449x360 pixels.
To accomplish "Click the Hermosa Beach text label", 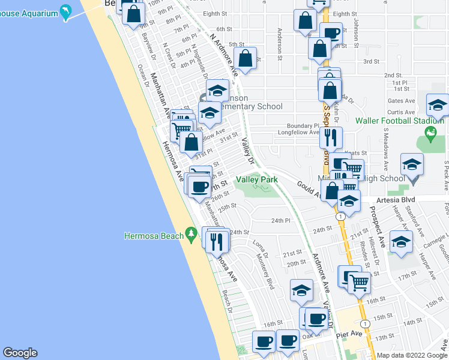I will pyautogui.click(x=154, y=236).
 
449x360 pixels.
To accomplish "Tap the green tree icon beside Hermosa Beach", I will pyautogui.click(x=191, y=233).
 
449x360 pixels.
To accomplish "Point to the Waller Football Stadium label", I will pyautogui.click(x=407, y=121).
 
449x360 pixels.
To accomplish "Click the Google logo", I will pyautogui.click(x=20, y=353).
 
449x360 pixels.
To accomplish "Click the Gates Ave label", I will pyautogui.click(x=401, y=101).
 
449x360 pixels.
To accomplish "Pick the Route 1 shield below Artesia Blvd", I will pyautogui.click(x=340, y=216).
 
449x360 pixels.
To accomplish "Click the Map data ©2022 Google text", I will pyautogui.click(x=412, y=355).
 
